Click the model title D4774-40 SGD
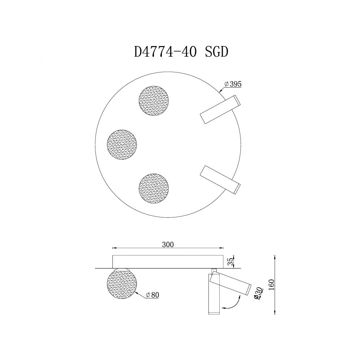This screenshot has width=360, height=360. click(181, 52)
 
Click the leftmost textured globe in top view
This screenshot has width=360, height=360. click(122, 144)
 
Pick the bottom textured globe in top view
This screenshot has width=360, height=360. click(154, 187)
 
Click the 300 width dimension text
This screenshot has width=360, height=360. click(168, 245)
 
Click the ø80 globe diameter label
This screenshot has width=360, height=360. click(152, 295)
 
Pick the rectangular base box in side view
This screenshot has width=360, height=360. click(168, 261)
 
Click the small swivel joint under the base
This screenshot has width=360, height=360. click(214, 270)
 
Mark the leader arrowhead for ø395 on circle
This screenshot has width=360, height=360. click(220, 90)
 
